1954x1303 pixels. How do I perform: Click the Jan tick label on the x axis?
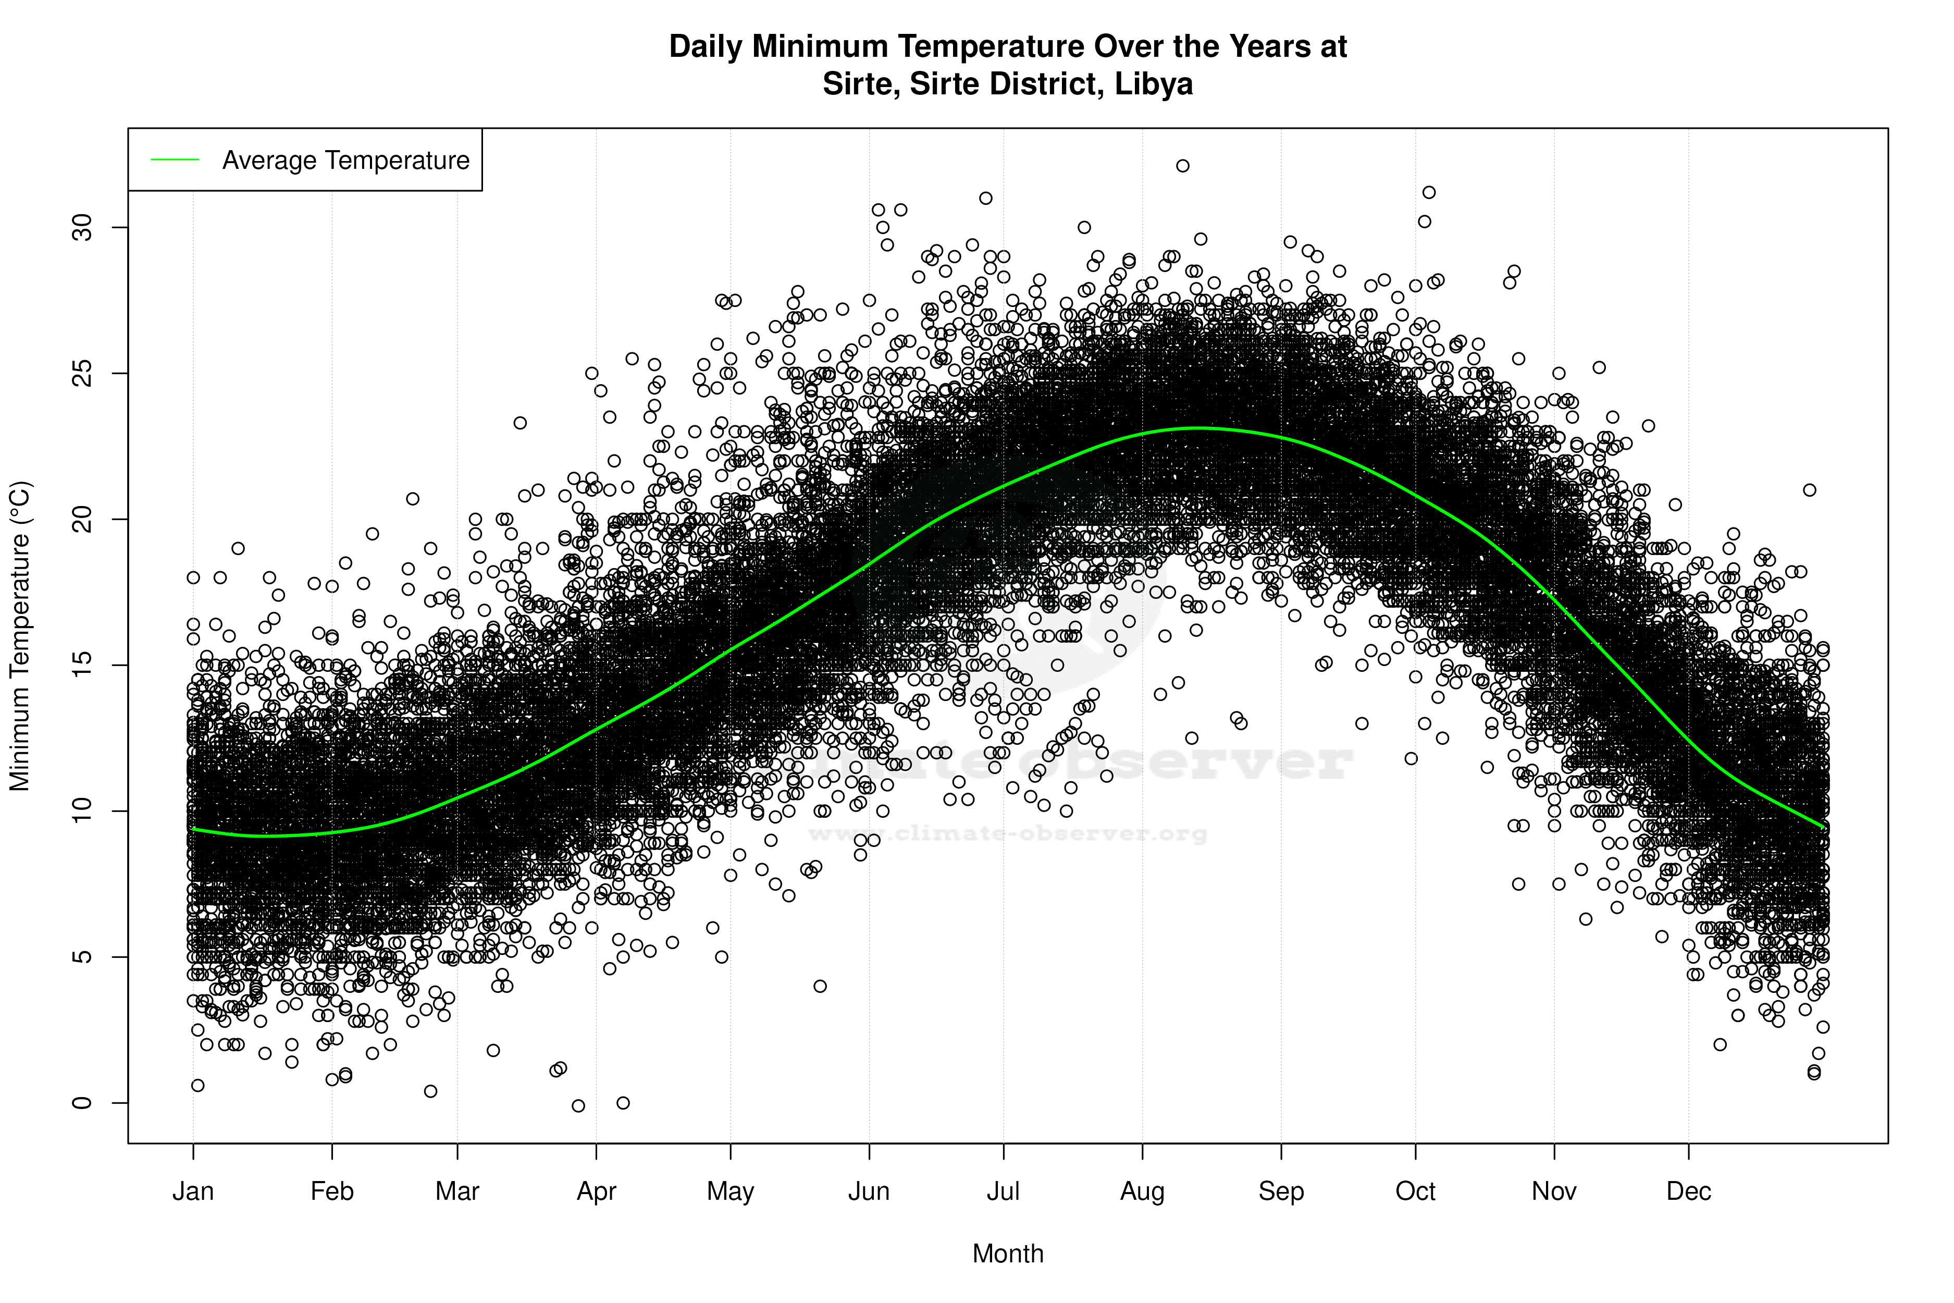tap(193, 1191)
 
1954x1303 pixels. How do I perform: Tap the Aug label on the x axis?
tap(1142, 1191)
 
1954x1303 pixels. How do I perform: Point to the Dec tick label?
tap(1688, 1191)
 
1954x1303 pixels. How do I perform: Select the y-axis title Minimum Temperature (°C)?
tap(20, 636)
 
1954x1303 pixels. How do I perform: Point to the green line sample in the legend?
tap(175, 159)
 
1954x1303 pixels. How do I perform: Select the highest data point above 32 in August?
tap(1182, 165)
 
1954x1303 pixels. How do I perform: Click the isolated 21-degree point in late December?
tap(1810, 490)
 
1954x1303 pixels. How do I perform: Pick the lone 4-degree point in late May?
tap(820, 987)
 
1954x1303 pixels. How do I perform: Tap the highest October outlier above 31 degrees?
tap(1429, 192)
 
